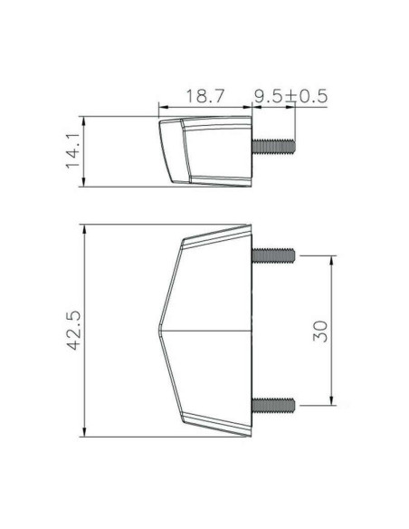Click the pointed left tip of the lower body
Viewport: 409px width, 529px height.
161,329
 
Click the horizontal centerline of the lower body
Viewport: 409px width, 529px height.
208,330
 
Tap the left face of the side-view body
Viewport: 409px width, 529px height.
169,150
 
